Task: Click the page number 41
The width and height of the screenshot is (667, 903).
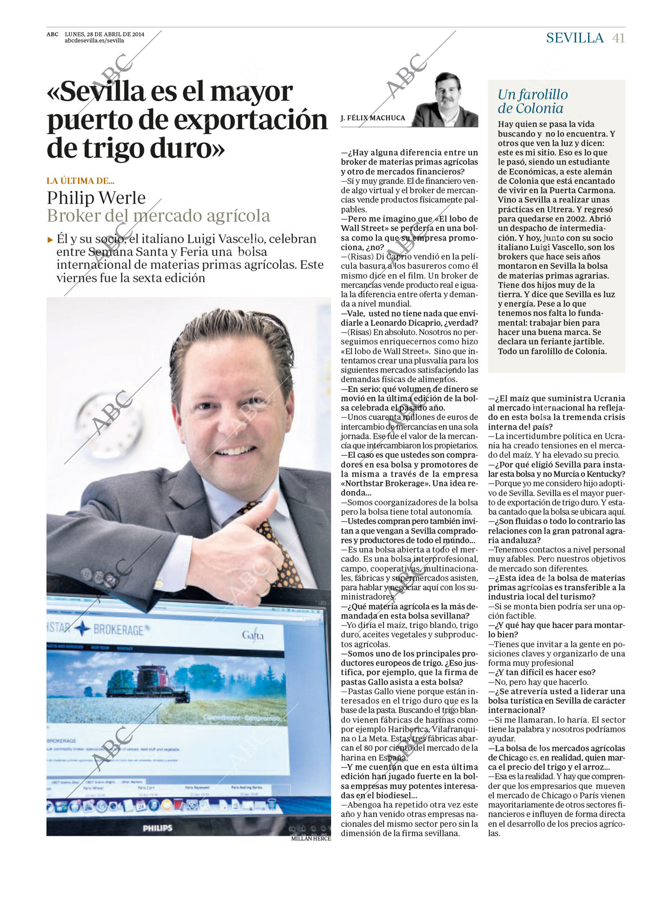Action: coord(618,38)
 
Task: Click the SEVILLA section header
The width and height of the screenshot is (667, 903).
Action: coord(575,38)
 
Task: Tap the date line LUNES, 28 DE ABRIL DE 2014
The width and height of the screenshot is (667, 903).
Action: coord(104,34)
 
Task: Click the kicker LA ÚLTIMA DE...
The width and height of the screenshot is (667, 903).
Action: coord(80,181)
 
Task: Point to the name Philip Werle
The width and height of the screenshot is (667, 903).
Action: coord(96,198)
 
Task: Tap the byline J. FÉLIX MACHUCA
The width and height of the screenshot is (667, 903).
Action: coord(373,118)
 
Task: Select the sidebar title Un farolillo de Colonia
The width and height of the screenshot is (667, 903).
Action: coord(533,101)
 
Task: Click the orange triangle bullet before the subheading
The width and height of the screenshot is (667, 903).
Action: coord(50,239)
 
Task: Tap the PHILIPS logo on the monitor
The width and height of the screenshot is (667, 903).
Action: coord(158,828)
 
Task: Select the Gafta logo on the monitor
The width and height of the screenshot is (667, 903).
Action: coord(252,635)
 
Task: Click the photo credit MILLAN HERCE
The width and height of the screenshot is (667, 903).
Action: coord(311,838)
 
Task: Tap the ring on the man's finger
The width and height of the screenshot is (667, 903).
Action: coord(263,591)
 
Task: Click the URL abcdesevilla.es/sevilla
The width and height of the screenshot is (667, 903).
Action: coord(94,41)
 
